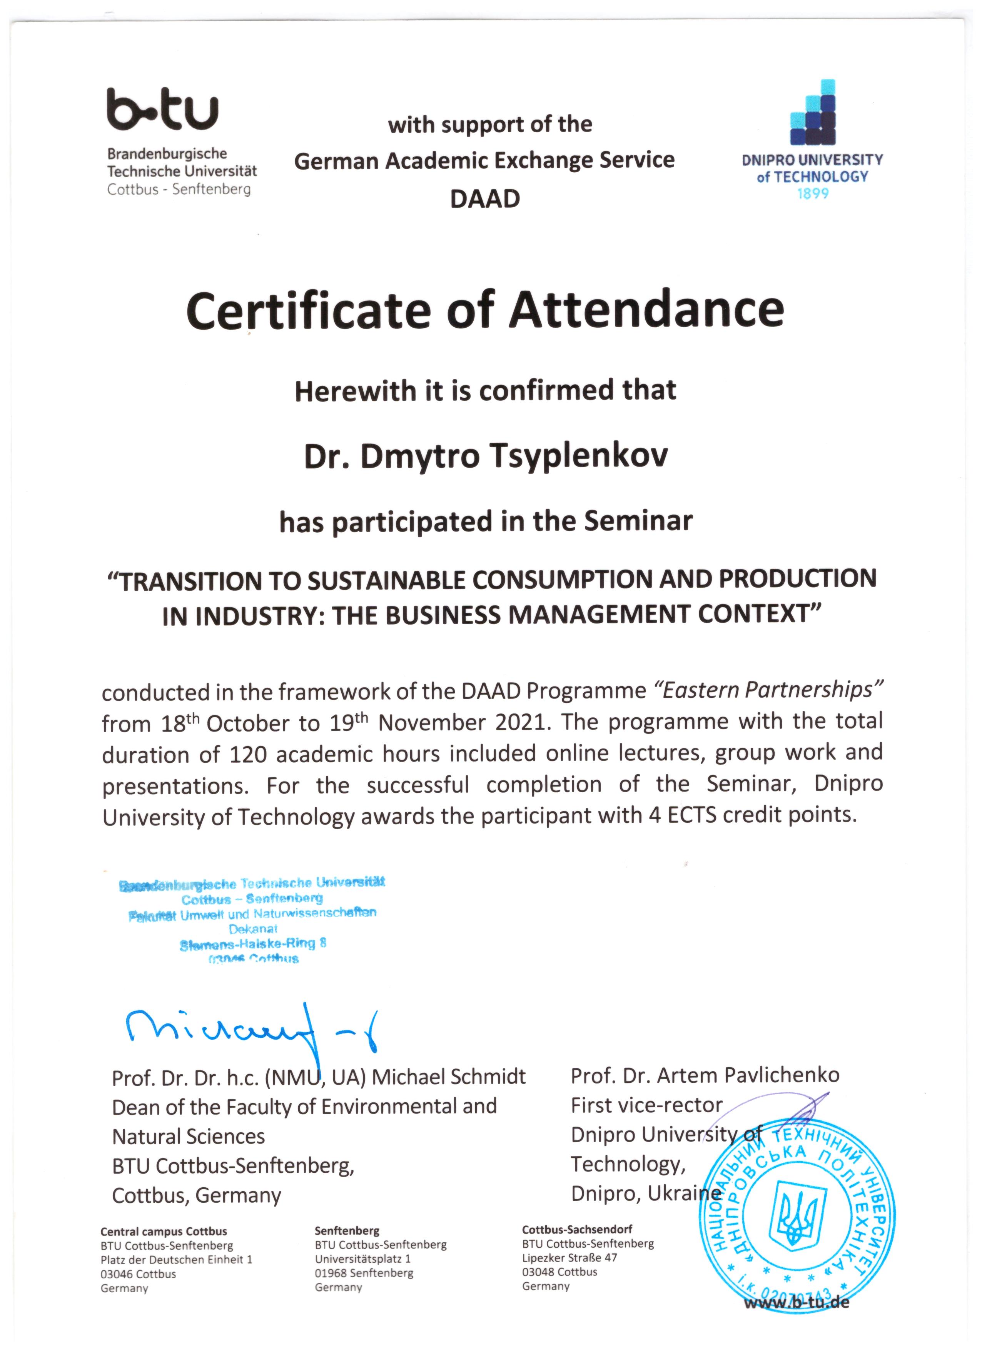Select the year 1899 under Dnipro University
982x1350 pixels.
pyautogui.click(x=812, y=193)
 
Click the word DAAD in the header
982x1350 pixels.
pyautogui.click(x=485, y=199)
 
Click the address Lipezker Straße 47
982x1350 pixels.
pyautogui.click(x=569, y=1258)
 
